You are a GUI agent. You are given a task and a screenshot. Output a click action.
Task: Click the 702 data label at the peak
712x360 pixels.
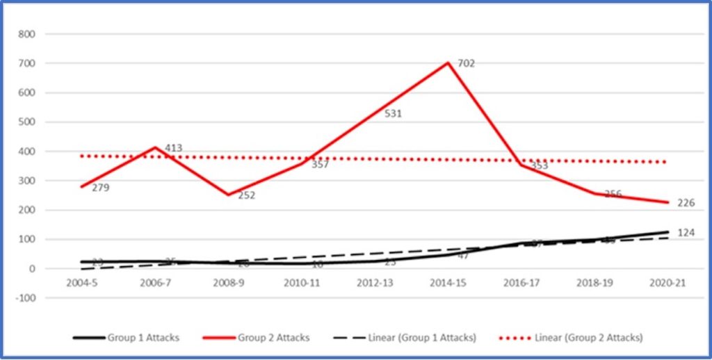467,63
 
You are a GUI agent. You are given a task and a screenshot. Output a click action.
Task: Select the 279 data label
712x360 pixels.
100,188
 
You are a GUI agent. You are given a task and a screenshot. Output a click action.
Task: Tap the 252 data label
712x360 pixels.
246,195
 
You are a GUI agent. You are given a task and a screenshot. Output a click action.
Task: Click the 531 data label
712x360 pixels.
394,113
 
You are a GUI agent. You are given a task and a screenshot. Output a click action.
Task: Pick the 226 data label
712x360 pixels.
686,203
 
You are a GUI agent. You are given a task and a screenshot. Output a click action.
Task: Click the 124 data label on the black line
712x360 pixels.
686,233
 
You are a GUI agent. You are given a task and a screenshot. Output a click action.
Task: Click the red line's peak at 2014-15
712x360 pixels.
448,63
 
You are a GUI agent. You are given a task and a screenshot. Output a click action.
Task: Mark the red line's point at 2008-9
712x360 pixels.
228,195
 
